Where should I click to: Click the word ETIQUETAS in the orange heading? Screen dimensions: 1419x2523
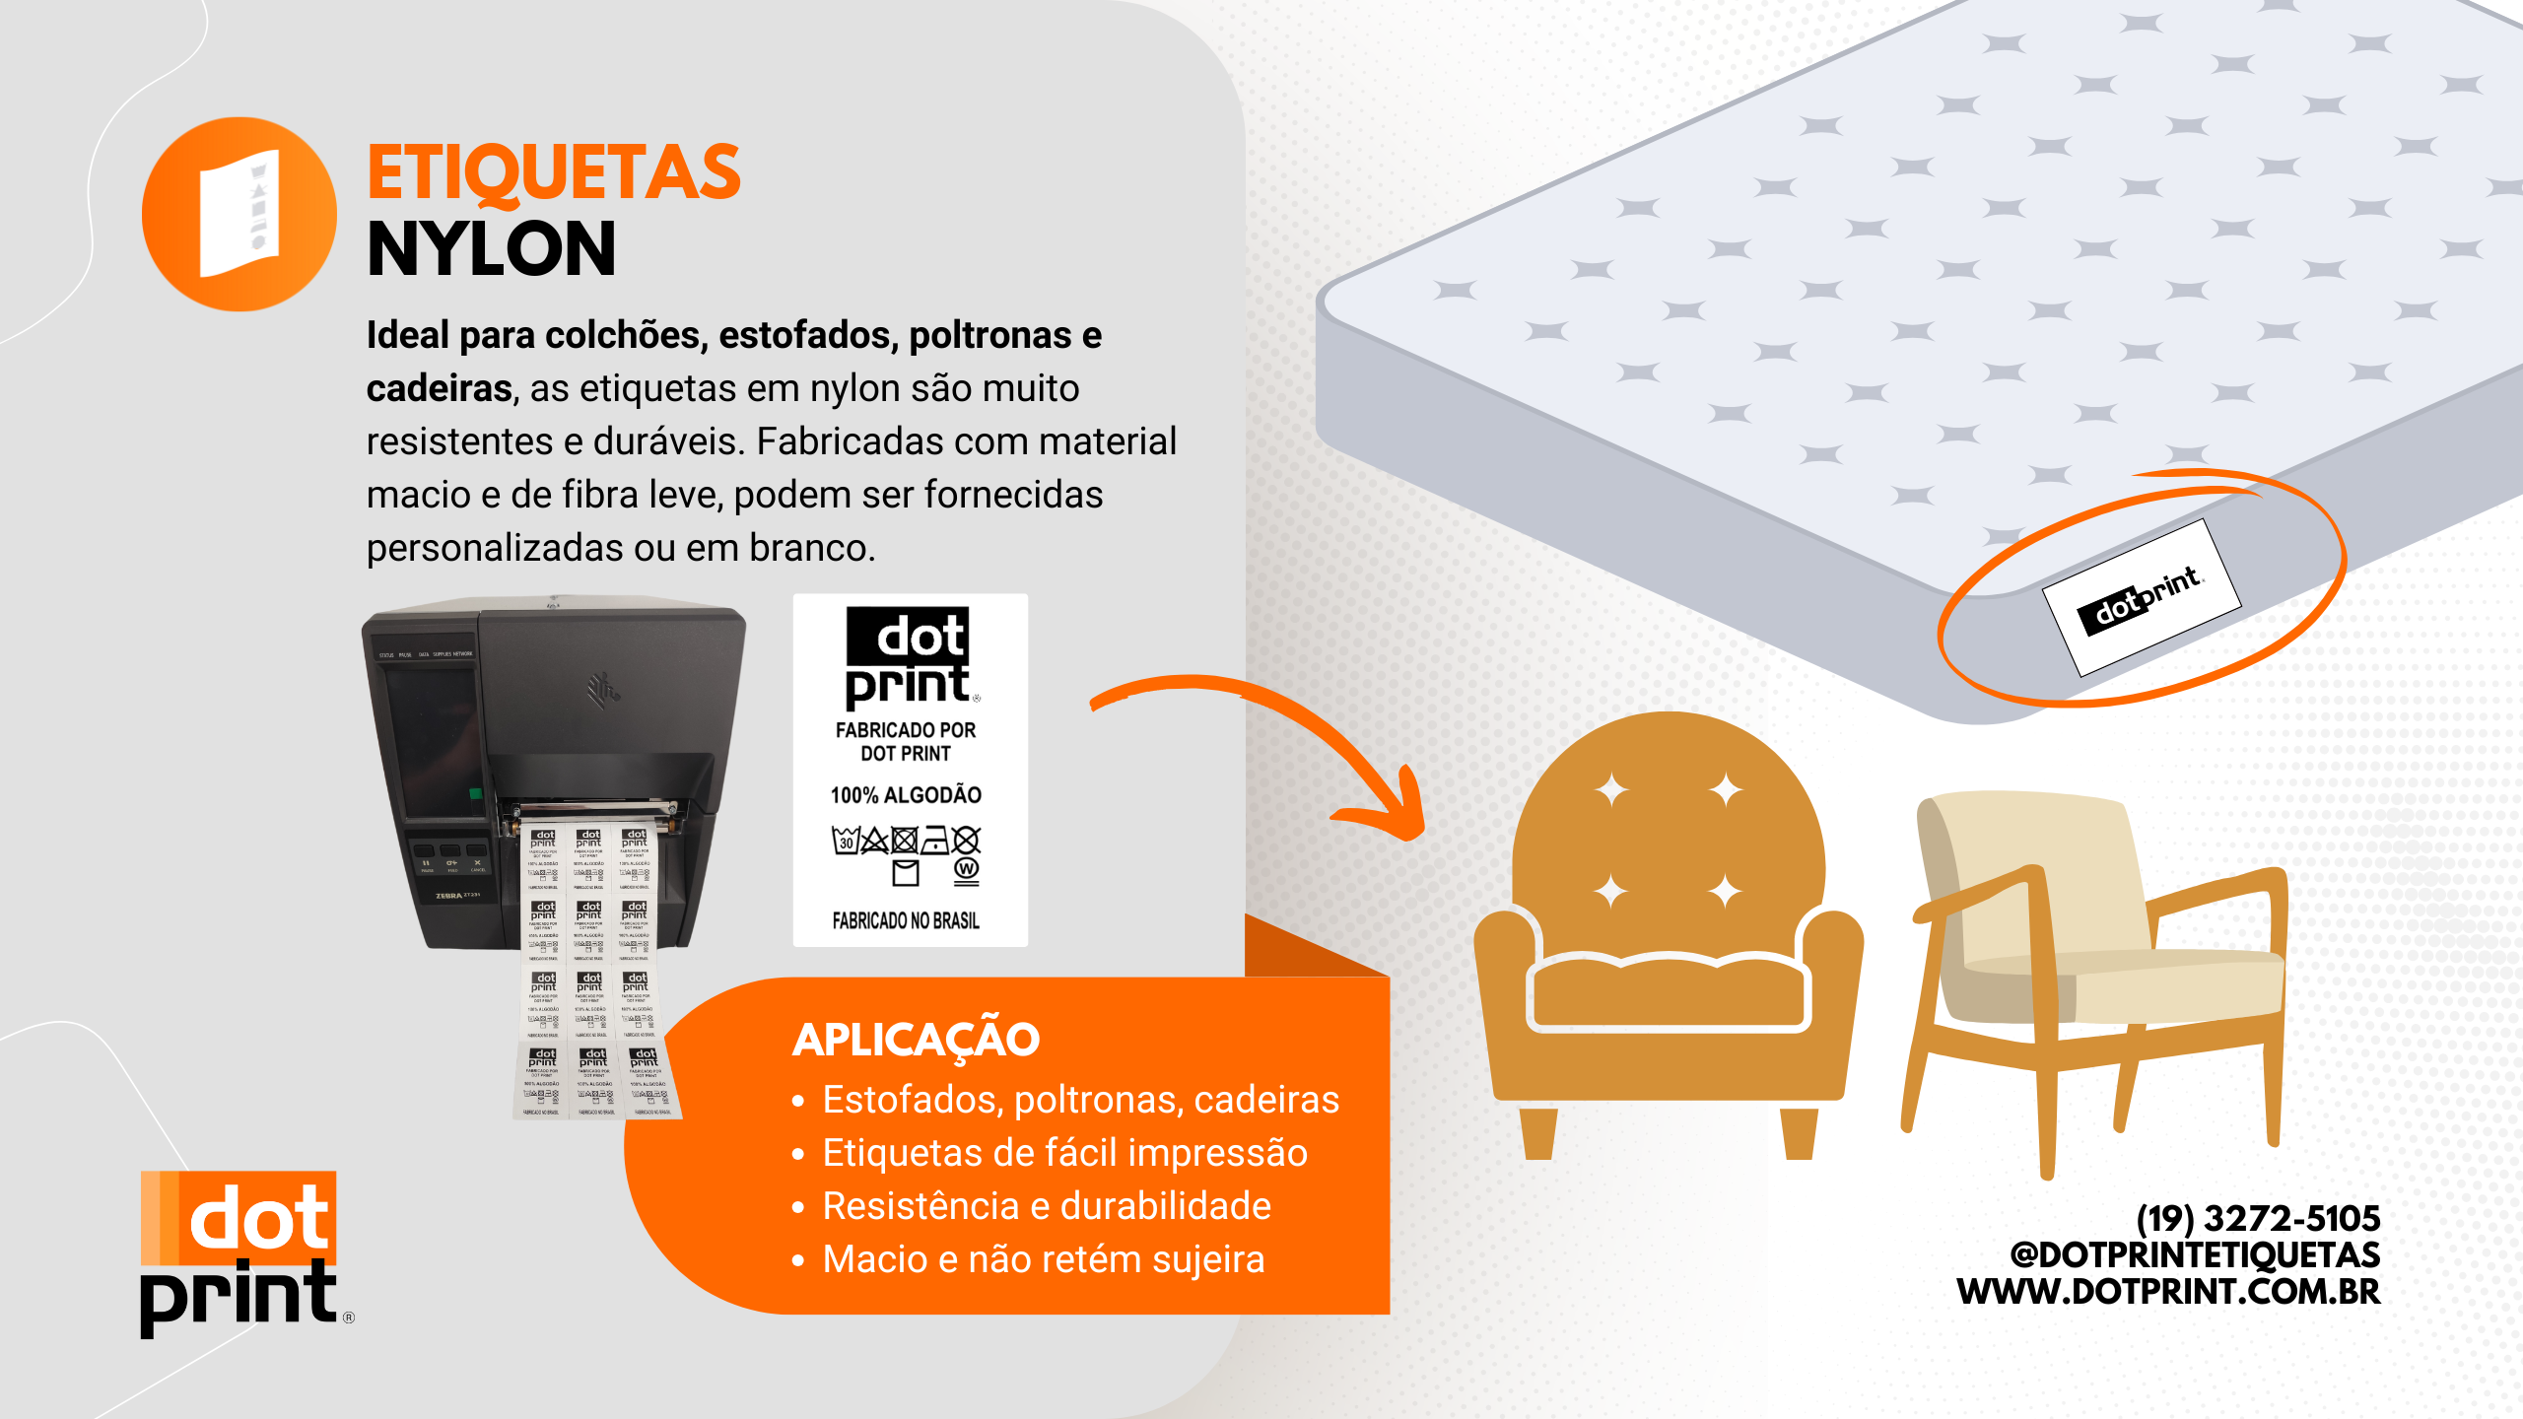pos(553,173)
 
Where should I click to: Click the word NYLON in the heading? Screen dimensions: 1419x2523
pos(491,249)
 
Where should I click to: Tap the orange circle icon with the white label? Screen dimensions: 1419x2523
pos(239,214)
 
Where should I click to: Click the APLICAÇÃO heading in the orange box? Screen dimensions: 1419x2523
pos(916,1040)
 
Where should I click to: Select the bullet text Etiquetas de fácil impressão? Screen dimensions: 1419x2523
pos(1064,1153)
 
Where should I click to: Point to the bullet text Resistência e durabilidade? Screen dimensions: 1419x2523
pos(1047,1206)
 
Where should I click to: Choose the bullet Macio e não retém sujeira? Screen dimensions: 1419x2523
pos(1043,1259)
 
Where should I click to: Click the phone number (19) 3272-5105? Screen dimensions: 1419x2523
pos(2258,1219)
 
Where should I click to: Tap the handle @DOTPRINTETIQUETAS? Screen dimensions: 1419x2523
pos(2195,1254)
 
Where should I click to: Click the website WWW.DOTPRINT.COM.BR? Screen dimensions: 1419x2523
pos(2168,1291)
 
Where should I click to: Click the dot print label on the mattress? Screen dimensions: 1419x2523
pos(2141,598)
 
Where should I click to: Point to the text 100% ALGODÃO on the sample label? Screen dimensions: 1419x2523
pos(906,795)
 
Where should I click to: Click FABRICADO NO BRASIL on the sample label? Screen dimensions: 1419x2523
pos(906,920)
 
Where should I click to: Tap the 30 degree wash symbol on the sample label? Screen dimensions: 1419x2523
pos(846,841)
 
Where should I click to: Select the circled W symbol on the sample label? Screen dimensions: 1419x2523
pos(967,869)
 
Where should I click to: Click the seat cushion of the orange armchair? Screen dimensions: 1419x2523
pos(1668,990)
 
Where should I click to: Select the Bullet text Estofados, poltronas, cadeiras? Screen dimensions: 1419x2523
pos(1080,1100)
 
